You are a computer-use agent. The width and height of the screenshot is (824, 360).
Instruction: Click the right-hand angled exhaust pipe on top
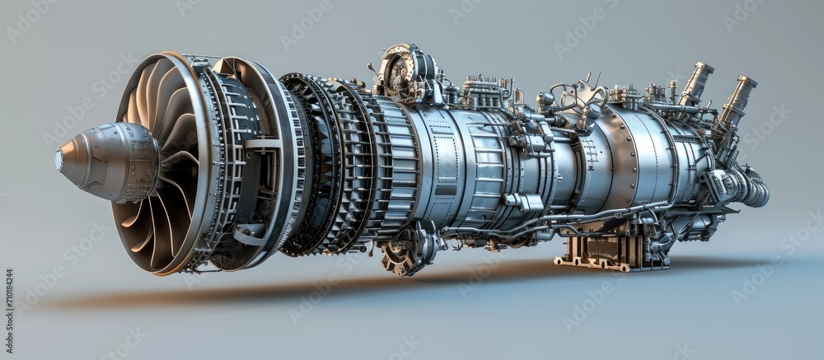tap(737, 98)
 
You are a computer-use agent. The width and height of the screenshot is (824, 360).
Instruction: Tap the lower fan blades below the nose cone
tap(152, 231)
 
